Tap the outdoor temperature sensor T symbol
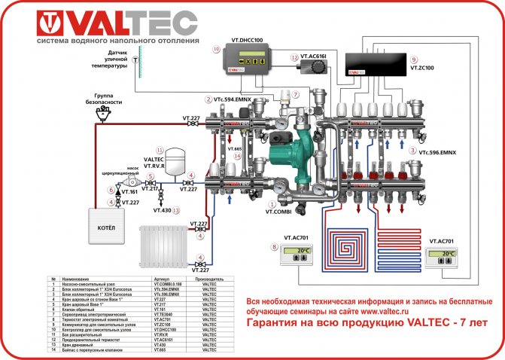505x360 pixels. [x=135, y=58]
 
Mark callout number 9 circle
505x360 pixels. [x=412, y=59]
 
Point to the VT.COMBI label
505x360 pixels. [x=278, y=212]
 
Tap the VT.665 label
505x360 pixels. [x=234, y=149]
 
